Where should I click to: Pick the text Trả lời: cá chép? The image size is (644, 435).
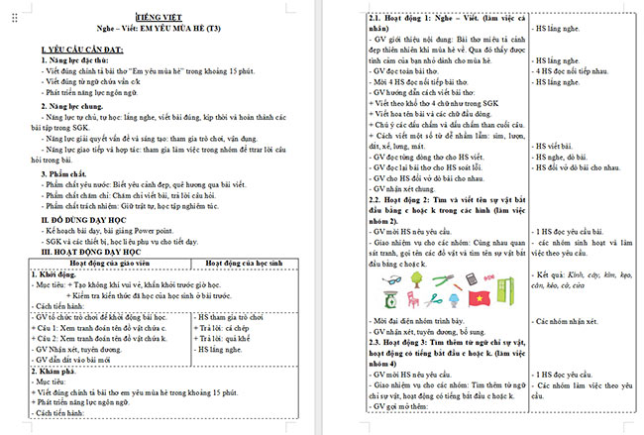pos(228,327)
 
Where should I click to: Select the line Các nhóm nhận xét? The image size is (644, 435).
pos(576,322)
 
